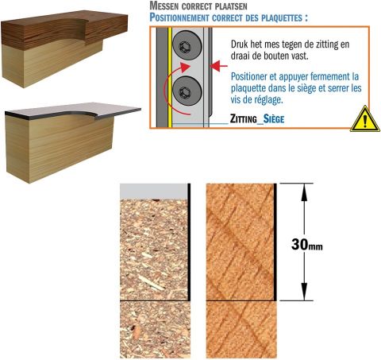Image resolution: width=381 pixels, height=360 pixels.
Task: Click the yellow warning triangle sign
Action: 365,120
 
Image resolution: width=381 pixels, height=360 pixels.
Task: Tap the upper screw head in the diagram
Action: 187,45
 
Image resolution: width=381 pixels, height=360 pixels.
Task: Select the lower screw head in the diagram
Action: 187,91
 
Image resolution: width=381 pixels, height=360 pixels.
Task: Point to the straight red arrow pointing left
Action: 218,66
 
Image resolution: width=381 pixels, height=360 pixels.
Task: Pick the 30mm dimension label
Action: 307,244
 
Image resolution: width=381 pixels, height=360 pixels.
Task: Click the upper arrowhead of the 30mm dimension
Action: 304,192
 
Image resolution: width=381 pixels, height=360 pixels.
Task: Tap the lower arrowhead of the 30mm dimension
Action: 304,292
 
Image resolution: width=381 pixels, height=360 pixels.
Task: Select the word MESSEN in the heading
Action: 164,6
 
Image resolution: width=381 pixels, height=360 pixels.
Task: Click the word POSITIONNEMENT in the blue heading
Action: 179,17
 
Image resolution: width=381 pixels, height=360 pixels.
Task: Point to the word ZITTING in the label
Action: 243,118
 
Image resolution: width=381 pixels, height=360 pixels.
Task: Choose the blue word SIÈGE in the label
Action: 274,118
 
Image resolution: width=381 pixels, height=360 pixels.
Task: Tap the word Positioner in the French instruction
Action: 249,77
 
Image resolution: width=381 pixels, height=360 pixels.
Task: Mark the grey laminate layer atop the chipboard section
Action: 154,192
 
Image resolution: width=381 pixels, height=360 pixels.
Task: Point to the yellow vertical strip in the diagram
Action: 170,77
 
